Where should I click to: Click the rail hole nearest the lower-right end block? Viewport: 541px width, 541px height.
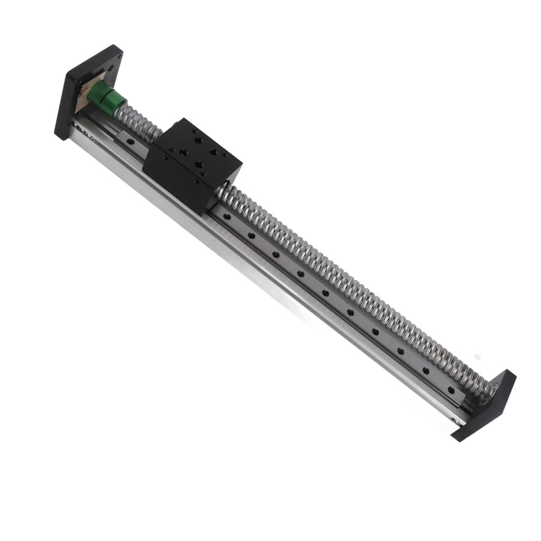(x=451, y=390)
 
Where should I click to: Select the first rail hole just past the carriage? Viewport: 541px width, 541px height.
(x=226, y=216)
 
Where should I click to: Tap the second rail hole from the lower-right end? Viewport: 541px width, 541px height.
(x=425, y=370)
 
